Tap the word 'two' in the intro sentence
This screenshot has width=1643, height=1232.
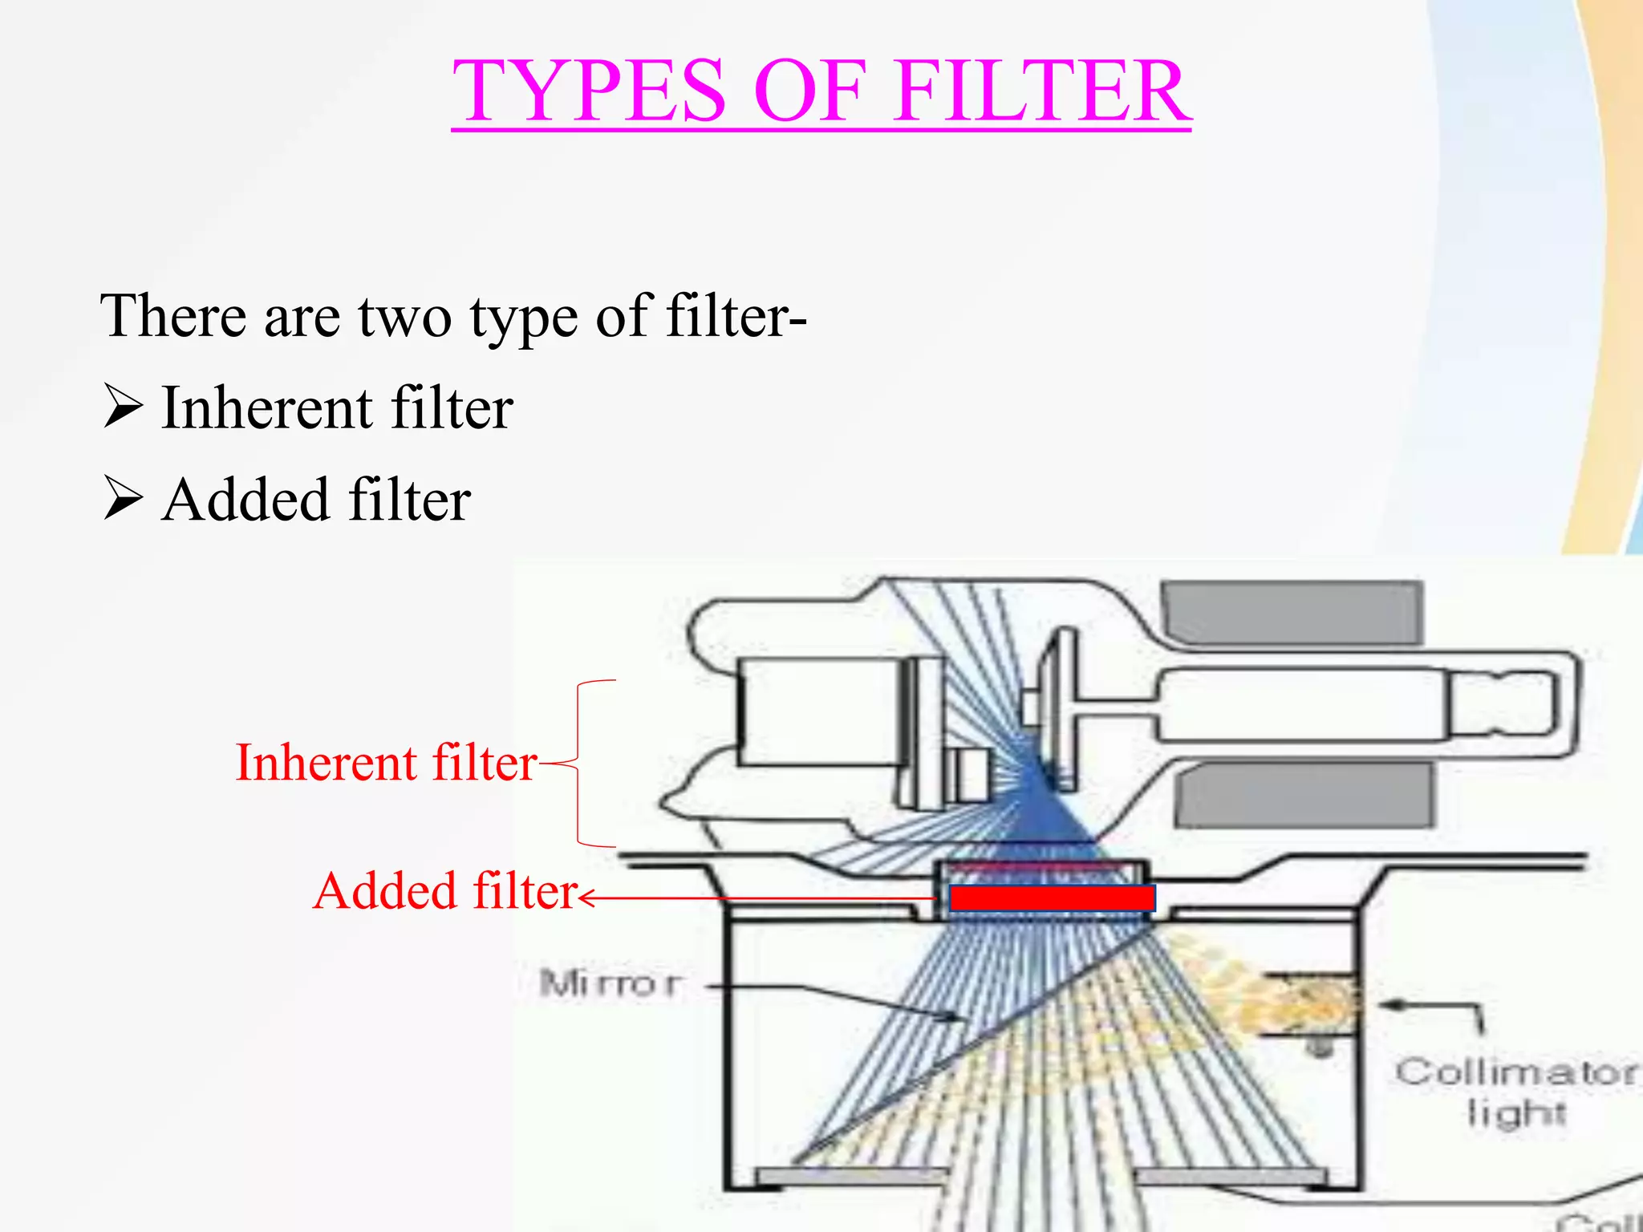404,316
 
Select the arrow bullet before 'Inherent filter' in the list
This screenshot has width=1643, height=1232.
123,407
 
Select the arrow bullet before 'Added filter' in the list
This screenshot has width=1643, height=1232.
123,499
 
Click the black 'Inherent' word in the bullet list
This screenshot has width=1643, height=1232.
265,407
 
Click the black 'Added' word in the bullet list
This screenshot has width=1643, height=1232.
245,500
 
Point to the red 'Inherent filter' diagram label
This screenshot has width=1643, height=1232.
386,762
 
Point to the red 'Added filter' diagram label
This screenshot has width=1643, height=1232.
445,891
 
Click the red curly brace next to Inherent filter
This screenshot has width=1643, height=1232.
580,762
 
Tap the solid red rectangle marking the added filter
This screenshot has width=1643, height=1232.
1052,898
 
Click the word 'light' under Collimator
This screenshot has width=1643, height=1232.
1516,1113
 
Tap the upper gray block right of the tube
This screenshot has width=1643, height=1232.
1292,613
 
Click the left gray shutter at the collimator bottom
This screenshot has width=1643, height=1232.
850,1176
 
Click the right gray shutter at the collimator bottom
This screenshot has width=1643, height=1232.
1231,1176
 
